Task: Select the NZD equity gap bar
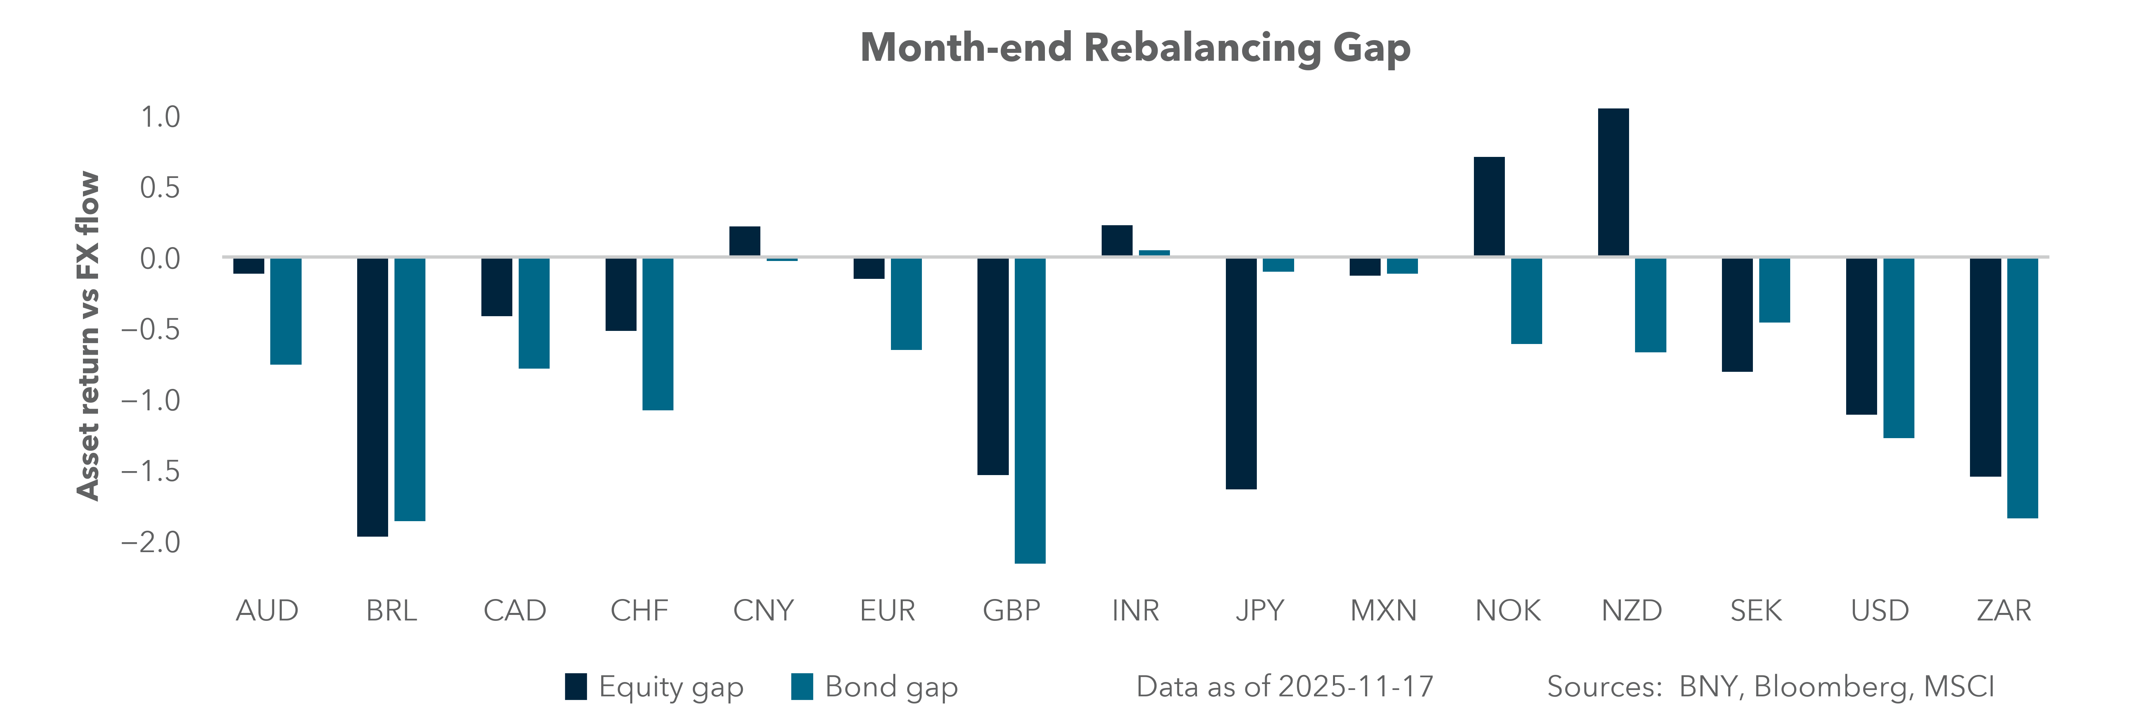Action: tap(1613, 182)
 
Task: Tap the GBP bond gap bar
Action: tap(1030, 410)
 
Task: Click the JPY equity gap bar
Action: tap(1241, 374)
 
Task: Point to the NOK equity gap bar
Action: tap(1489, 207)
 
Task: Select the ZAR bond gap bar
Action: tap(2022, 388)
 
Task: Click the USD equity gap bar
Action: tap(1861, 336)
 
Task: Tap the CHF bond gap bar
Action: tap(657, 334)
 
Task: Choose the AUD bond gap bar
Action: tap(285, 311)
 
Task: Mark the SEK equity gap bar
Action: tap(1737, 315)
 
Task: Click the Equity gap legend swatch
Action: tap(576, 687)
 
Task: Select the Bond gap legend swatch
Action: tap(802, 687)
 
